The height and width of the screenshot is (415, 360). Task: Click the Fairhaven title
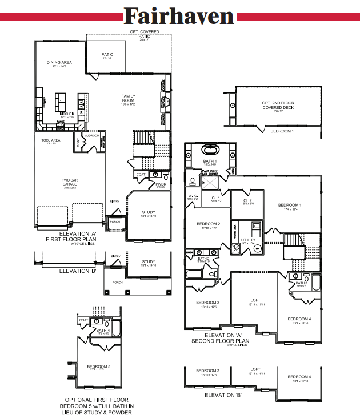coord(179,15)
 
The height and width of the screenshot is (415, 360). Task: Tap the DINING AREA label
coord(58,63)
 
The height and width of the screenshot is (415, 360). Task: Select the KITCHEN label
coord(67,114)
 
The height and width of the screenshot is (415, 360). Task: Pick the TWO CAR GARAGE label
coord(70,182)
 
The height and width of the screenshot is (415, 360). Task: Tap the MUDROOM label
coord(92,136)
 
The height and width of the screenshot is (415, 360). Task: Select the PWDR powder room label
coord(161,184)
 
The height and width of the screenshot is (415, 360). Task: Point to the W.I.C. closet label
coord(193,197)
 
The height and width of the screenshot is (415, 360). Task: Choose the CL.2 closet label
coord(247,201)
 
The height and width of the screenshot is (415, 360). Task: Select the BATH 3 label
coord(301,284)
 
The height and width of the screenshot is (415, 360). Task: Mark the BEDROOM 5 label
coord(99,366)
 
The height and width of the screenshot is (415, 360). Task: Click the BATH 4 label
coord(103,331)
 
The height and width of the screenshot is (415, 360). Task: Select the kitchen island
coord(61,102)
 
